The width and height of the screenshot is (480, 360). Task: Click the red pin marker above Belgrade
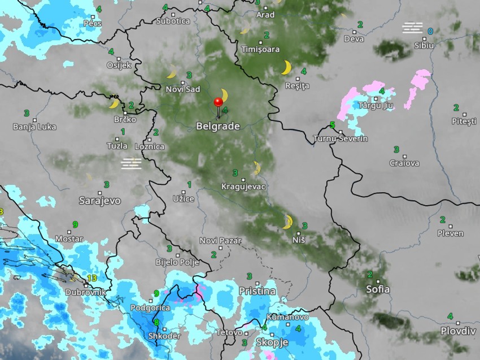(x=218, y=102)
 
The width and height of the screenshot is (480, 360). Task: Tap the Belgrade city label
(x=218, y=127)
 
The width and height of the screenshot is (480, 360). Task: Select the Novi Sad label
(x=183, y=89)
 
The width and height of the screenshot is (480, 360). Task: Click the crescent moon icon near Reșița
(x=286, y=68)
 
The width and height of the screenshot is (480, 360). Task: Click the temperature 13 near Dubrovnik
(x=92, y=278)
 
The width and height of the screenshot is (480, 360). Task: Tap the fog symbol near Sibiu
(x=412, y=27)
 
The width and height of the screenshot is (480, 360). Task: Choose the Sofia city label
(x=378, y=289)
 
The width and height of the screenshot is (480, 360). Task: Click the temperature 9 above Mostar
(x=75, y=224)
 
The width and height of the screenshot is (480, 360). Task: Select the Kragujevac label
(x=243, y=186)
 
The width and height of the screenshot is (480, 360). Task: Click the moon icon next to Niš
(x=287, y=222)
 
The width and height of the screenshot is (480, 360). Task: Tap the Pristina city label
(x=257, y=291)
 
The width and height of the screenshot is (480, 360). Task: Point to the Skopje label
(x=272, y=342)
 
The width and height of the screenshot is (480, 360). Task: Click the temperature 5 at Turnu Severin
(x=332, y=125)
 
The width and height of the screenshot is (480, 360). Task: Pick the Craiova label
(x=404, y=163)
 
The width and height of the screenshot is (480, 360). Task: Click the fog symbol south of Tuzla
(x=131, y=163)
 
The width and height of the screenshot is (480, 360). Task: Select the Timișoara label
(x=260, y=49)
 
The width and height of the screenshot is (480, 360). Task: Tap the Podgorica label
(x=150, y=307)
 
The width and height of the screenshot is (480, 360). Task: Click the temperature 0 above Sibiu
(x=430, y=31)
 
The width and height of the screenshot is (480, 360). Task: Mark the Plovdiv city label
(x=458, y=331)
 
